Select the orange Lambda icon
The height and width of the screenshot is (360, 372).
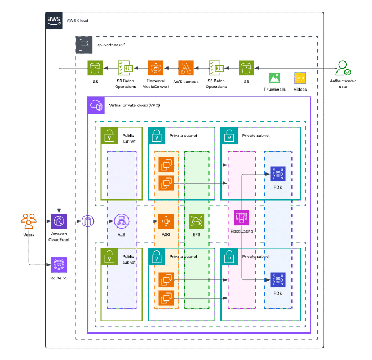(x=186, y=68)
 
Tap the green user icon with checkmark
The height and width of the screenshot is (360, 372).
(x=342, y=68)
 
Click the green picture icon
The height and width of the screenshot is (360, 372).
(x=274, y=78)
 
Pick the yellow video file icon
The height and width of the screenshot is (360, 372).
(x=300, y=78)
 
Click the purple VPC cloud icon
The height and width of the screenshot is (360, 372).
(x=96, y=105)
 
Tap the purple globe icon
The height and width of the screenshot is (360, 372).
(x=60, y=221)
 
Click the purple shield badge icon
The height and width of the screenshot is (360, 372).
(x=60, y=264)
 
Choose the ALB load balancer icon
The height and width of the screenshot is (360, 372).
(x=122, y=221)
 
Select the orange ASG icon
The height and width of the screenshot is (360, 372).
(x=166, y=221)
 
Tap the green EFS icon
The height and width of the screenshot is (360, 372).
(x=197, y=221)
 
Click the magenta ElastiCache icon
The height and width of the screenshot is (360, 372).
(x=242, y=217)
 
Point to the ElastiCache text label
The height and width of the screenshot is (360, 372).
(x=242, y=232)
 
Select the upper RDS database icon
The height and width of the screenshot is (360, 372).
(x=278, y=174)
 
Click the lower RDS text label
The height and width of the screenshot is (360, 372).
(x=278, y=293)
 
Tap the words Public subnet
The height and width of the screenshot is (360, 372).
(x=129, y=259)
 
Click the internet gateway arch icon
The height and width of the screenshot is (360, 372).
(x=88, y=221)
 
